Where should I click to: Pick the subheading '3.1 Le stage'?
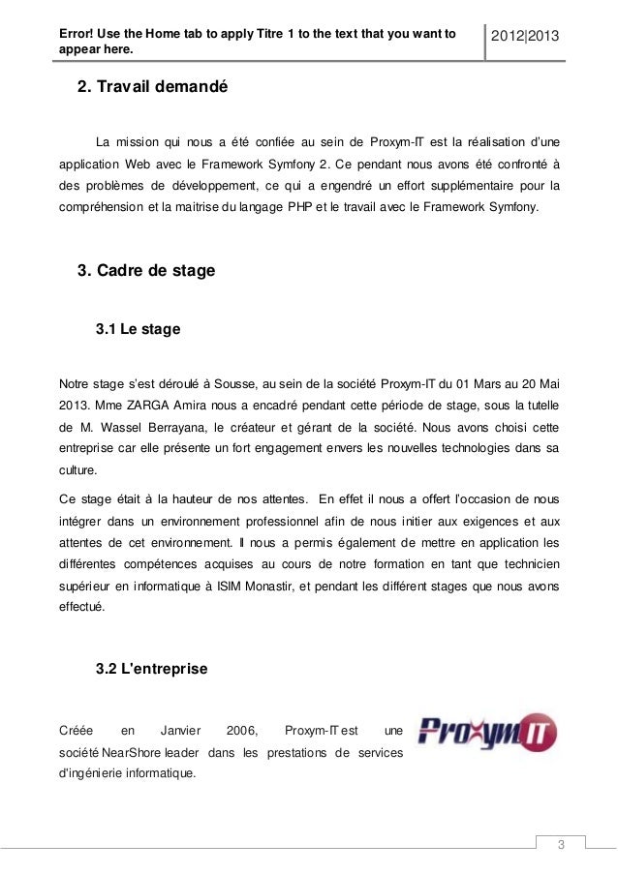(139, 330)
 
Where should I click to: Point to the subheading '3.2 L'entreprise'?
(152, 669)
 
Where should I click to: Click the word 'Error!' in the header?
(80, 29)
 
